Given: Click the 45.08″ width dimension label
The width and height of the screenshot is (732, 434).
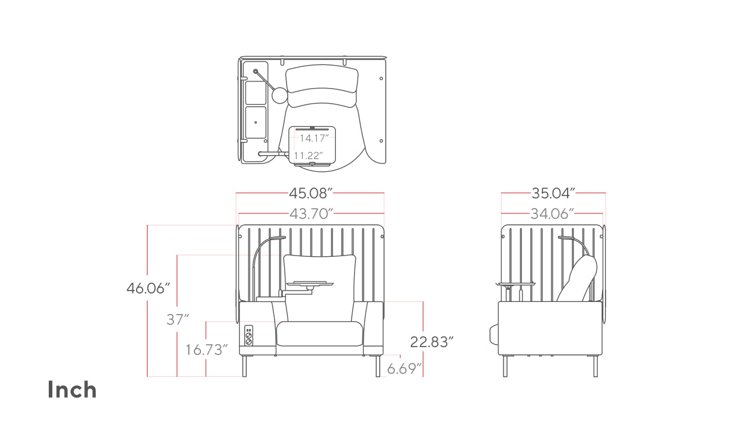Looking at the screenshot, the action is pyautogui.click(x=311, y=193).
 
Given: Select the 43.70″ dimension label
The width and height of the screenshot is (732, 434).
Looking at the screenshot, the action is pyautogui.click(x=311, y=214).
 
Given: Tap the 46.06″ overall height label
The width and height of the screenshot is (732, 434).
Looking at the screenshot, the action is pyautogui.click(x=148, y=288).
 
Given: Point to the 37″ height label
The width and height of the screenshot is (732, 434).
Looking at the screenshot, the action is pyautogui.click(x=178, y=319).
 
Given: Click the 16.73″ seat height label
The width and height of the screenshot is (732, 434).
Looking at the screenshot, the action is pyautogui.click(x=206, y=350).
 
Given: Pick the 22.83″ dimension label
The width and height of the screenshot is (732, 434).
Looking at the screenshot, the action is pyautogui.click(x=432, y=342).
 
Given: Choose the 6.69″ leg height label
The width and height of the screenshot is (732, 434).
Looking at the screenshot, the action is pyautogui.click(x=405, y=369).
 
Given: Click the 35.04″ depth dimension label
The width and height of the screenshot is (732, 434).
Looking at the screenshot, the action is pyautogui.click(x=553, y=193).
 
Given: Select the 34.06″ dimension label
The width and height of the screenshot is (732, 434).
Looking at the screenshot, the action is pyautogui.click(x=552, y=214).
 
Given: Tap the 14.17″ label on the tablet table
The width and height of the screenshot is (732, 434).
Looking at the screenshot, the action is pyautogui.click(x=314, y=138).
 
